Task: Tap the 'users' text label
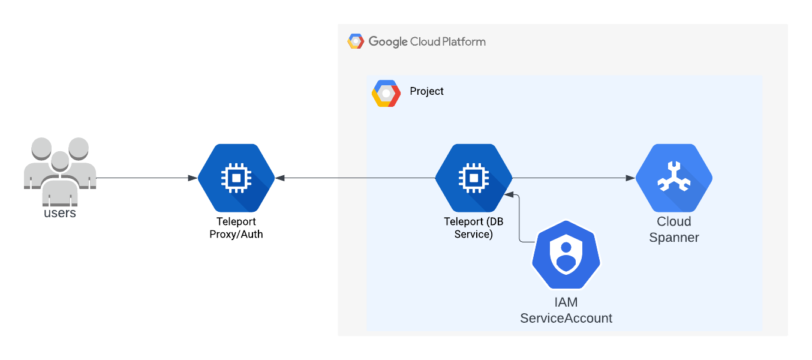60,213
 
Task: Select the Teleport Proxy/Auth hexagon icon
236,178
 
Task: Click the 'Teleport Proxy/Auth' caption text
236,228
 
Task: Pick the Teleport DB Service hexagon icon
474,178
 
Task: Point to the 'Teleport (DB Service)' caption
474,228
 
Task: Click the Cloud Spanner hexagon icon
674,178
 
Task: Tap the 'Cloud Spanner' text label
674,230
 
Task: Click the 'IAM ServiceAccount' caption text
566,310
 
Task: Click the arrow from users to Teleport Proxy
147,178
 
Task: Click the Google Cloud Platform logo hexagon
356,41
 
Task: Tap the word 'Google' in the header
388,42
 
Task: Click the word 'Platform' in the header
464,42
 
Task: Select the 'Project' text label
426,91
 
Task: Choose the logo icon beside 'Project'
386,93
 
